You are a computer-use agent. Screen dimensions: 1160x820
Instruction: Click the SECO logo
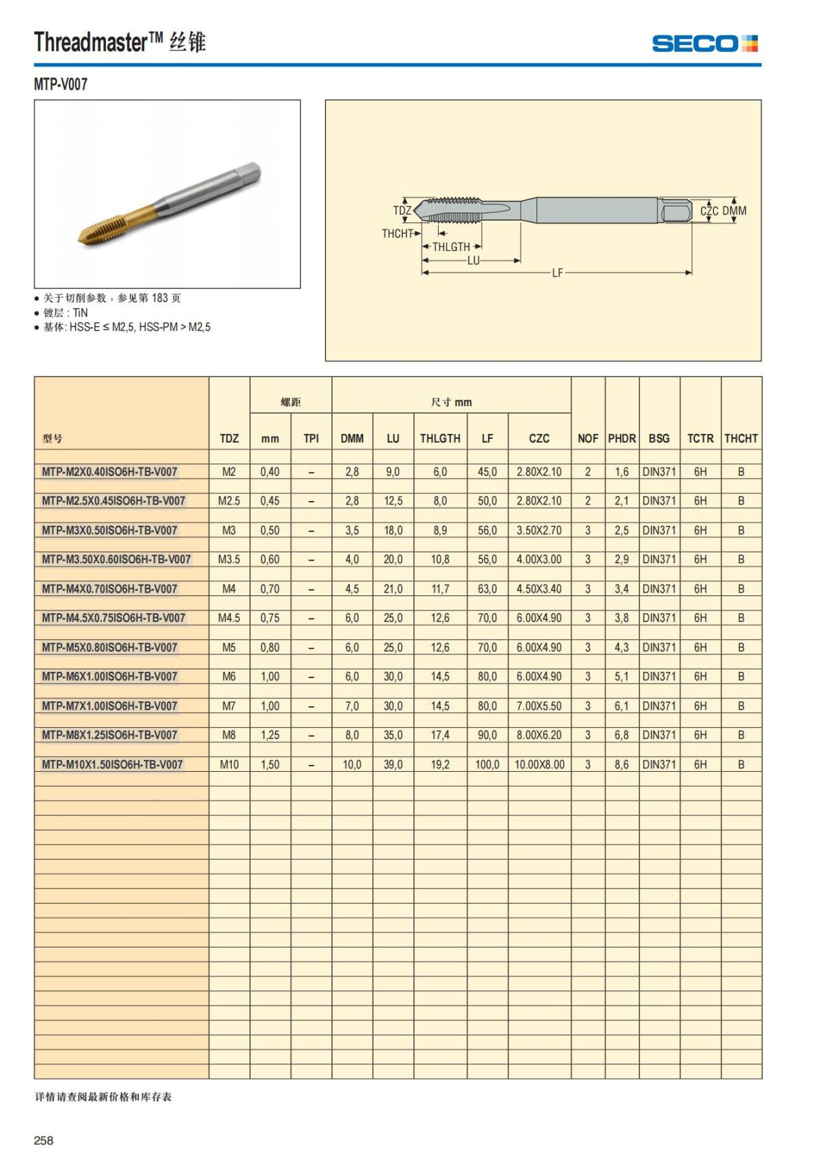pyautogui.click(x=705, y=44)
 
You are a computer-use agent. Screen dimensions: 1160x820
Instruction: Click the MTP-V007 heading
pyautogui.click(x=61, y=84)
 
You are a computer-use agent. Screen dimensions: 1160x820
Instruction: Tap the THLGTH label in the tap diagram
pyautogui.click(x=451, y=247)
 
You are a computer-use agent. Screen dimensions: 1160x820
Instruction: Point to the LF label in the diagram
pyautogui.click(x=558, y=273)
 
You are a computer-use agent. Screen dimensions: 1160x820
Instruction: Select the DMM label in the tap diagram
pyautogui.click(x=735, y=211)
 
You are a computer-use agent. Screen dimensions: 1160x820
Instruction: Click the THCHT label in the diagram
pyautogui.click(x=397, y=234)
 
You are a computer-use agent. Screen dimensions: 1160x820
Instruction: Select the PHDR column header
pyautogui.click(x=622, y=438)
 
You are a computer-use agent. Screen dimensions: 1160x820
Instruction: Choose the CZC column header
pyautogui.click(x=539, y=438)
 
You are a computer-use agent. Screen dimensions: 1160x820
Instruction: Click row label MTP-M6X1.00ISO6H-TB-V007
pyautogui.click(x=109, y=676)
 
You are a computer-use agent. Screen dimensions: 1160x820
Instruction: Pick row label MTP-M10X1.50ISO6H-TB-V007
pyautogui.click(x=112, y=764)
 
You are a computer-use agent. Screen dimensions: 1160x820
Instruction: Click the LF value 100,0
pyautogui.click(x=487, y=764)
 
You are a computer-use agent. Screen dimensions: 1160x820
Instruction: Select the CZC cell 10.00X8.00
pyautogui.click(x=539, y=764)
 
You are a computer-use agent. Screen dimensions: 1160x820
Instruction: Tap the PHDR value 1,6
pyautogui.click(x=622, y=472)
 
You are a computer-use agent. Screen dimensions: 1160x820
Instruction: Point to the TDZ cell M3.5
pyautogui.click(x=229, y=559)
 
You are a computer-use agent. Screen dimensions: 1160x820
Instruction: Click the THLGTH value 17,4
pyautogui.click(x=440, y=735)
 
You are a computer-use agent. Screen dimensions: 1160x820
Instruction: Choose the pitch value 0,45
pyautogui.click(x=270, y=500)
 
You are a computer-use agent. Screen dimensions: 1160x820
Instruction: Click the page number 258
pyautogui.click(x=44, y=1140)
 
